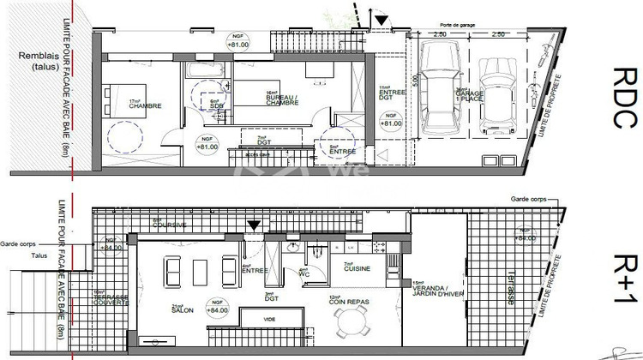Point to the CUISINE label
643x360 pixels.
pos(358,269)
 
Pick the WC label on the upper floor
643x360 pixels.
pos(304,273)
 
